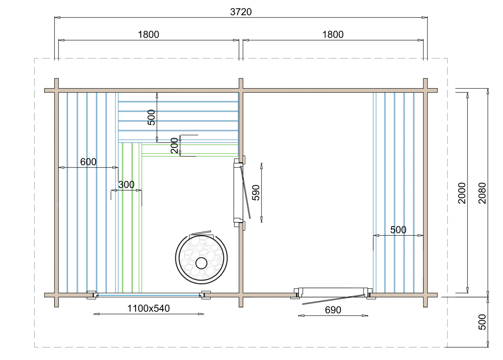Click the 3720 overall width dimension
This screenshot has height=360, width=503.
tap(241, 12)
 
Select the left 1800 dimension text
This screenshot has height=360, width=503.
tap(148, 34)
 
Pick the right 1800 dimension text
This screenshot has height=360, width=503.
tap(333, 34)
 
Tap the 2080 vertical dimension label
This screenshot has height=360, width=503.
tap(482, 193)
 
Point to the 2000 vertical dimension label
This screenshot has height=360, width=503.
tap(462, 193)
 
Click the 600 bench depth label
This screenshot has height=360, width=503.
tap(88, 161)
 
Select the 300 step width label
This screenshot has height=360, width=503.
tap(126, 184)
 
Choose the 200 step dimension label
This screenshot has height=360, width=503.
tap(175, 145)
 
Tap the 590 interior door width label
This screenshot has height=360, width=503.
tap(256, 193)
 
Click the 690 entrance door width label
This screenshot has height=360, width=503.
tap(333, 310)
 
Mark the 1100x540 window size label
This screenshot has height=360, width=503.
tap(148, 308)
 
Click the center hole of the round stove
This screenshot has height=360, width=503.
tap(201, 263)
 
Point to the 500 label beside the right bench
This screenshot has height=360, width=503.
tap(398, 230)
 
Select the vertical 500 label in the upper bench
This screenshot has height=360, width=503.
tap(151, 117)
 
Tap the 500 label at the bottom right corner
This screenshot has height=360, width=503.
tap(482, 322)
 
